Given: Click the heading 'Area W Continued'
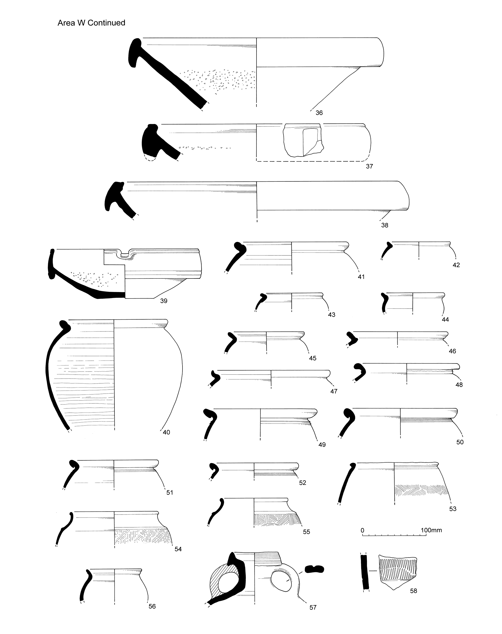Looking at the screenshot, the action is (91, 23).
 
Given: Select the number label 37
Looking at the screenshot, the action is (369, 166).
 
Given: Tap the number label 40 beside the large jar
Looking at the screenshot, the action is (166, 432).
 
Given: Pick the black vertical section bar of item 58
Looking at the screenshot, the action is (365, 572).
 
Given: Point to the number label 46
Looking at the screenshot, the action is (452, 351).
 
